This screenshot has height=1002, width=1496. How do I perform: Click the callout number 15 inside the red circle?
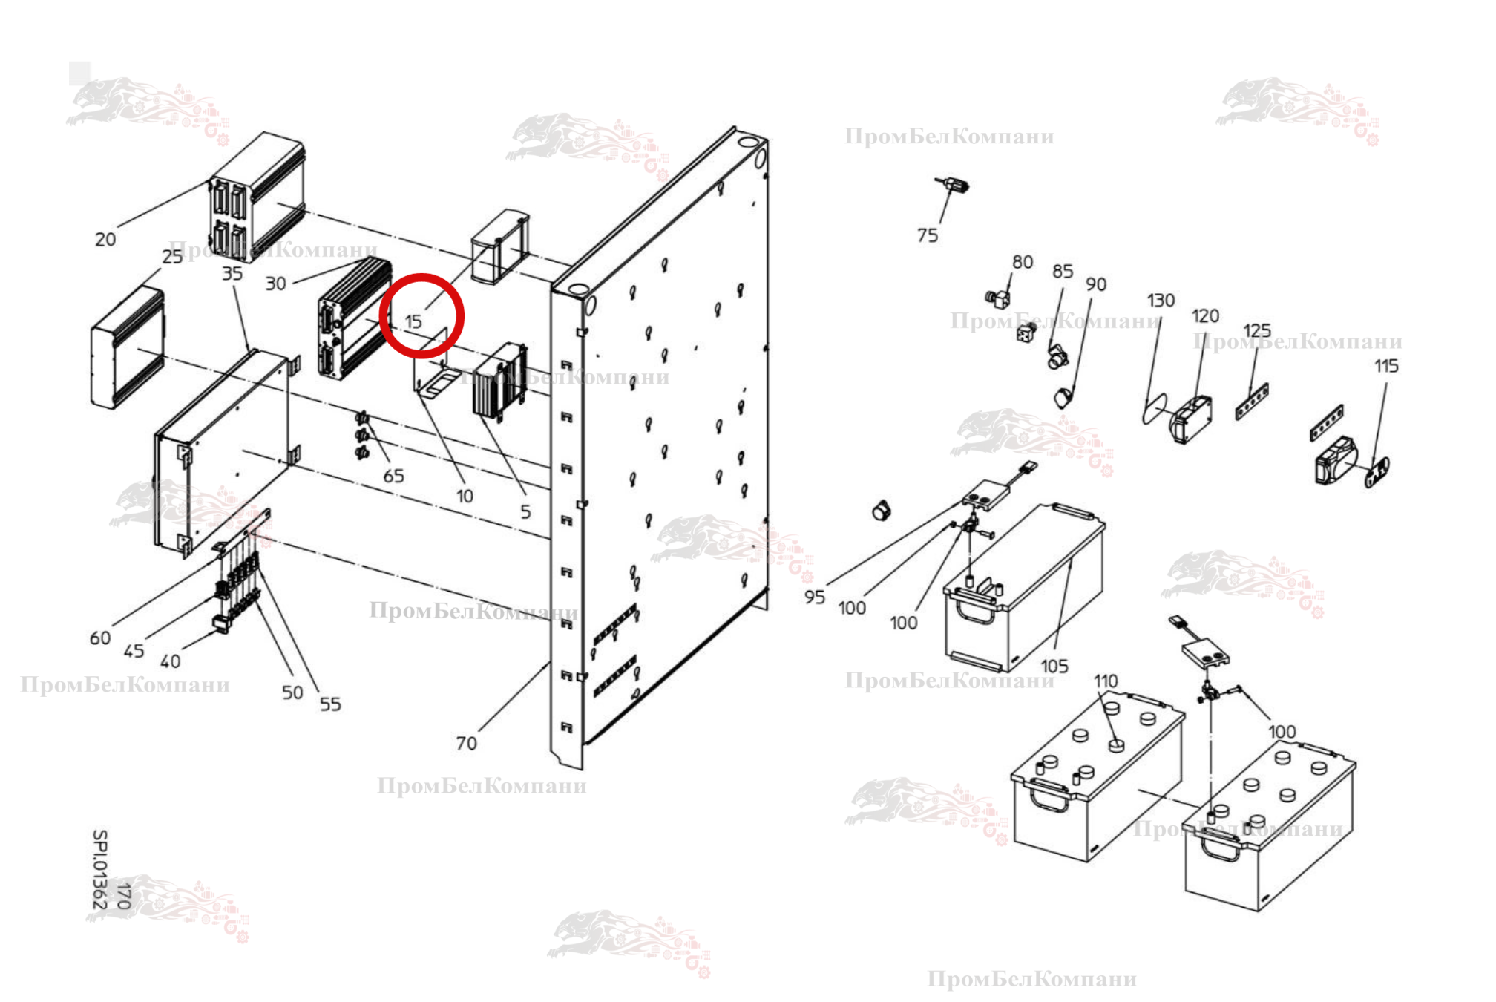(413, 321)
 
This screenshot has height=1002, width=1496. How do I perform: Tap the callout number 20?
(105, 240)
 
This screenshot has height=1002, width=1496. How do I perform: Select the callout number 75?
(928, 235)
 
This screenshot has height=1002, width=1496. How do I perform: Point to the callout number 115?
(1386, 366)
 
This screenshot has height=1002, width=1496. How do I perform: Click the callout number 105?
(1054, 666)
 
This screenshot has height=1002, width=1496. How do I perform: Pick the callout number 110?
(1106, 681)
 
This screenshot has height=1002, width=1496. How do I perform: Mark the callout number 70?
(466, 743)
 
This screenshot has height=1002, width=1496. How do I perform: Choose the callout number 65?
(393, 476)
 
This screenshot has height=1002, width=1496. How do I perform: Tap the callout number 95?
(815, 597)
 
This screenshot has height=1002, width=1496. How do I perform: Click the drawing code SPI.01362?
(99, 868)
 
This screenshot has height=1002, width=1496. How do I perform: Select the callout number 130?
(1161, 301)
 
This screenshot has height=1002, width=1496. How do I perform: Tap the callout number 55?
(330, 704)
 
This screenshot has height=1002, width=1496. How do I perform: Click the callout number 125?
(1257, 330)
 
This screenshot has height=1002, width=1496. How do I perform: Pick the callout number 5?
(525, 511)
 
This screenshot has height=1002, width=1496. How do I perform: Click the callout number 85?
(1063, 272)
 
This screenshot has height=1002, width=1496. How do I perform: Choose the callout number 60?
(100, 638)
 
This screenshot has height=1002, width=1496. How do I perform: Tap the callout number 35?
(232, 274)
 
